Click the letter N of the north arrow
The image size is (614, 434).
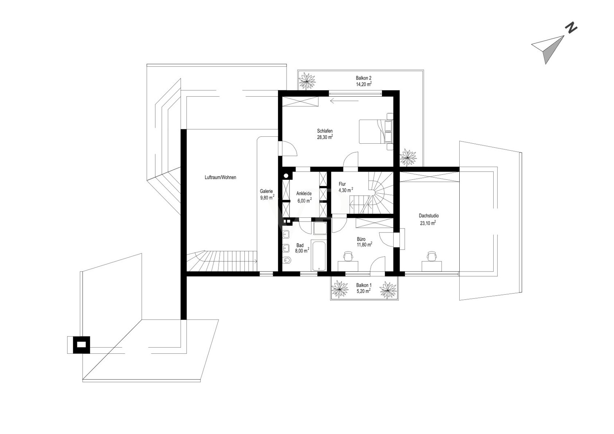pyautogui.click(x=571, y=28)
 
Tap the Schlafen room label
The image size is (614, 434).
pyautogui.click(x=325, y=131)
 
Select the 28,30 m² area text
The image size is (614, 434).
pyautogui.click(x=325, y=137)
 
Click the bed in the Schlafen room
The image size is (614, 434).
pyautogui.click(x=376, y=131)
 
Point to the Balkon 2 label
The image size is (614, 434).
pyautogui.click(x=363, y=78)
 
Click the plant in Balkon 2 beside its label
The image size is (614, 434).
pyautogui.click(x=307, y=81)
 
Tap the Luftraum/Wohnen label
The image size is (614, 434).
pyautogui.click(x=220, y=177)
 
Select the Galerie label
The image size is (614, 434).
pyautogui.click(x=266, y=191)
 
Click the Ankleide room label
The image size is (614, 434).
pyautogui.click(x=304, y=194)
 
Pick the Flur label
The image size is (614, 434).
pyautogui.click(x=342, y=184)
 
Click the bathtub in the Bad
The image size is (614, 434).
pyautogui.click(x=318, y=255)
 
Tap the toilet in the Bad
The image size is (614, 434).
pyautogui.click(x=287, y=260)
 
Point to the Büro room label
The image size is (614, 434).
pyautogui.click(x=361, y=239)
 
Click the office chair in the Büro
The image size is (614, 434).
pyautogui.click(x=348, y=256)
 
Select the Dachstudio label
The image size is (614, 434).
pyautogui.click(x=429, y=216)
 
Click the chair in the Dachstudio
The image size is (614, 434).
pyautogui.click(x=431, y=256)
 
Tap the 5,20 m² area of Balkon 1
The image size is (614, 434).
pyautogui.click(x=364, y=291)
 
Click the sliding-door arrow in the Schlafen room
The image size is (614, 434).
pyautogui.click(x=344, y=101)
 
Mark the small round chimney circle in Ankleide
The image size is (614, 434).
pyautogui.click(x=286, y=176)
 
